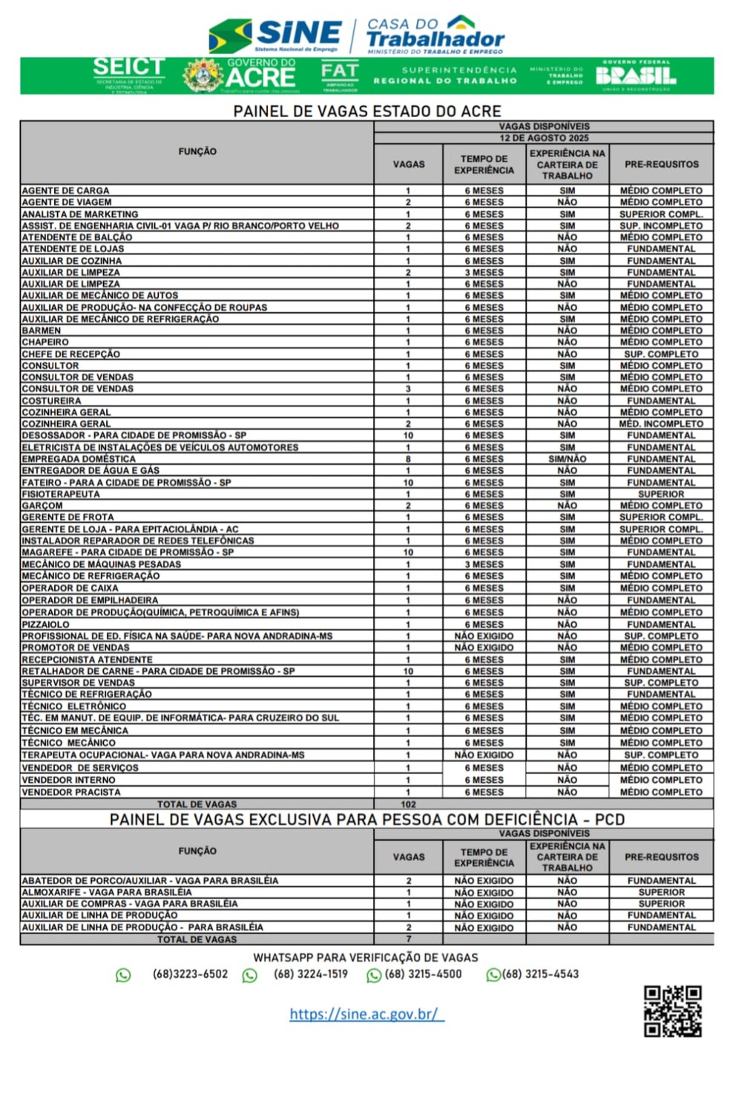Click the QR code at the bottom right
click(x=672, y=1010)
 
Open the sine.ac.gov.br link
click(x=366, y=1013)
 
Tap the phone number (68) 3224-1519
click(x=310, y=974)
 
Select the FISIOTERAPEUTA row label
click(x=61, y=494)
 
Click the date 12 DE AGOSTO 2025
click(x=544, y=138)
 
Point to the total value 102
click(x=408, y=804)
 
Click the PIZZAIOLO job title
click(x=46, y=624)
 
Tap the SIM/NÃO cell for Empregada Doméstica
click(x=567, y=459)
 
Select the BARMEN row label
click(x=42, y=331)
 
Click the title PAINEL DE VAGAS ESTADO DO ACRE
click(x=367, y=111)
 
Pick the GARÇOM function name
click(x=42, y=506)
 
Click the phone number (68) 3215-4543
click(x=540, y=974)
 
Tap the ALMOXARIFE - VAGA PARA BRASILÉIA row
click(x=107, y=893)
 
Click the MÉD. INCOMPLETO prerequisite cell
click(x=661, y=424)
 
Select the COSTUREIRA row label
click(x=51, y=400)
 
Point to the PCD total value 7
click(x=409, y=939)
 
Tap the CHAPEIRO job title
click(x=45, y=343)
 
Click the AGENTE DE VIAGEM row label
click(x=67, y=202)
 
